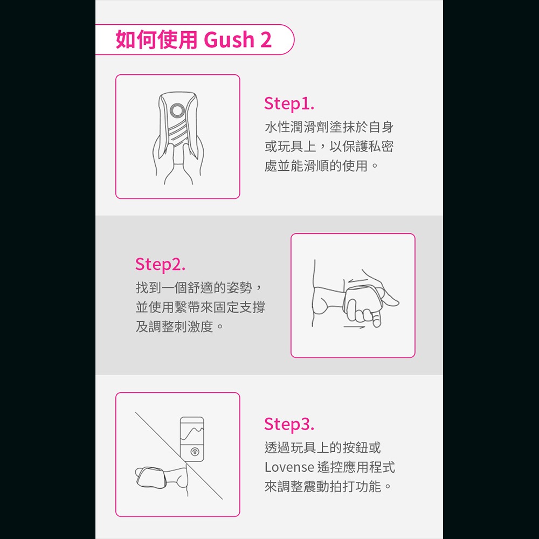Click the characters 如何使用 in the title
coord(157,40)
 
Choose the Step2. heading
coord(160,264)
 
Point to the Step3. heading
coord(289,424)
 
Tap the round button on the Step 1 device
coord(176,112)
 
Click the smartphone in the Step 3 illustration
coord(193,439)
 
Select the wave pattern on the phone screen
coord(193,432)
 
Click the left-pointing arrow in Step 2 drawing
coord(358,280)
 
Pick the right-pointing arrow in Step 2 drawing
coord(355,327)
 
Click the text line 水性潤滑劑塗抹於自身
coord(329,128)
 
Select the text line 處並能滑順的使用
coord(321,165)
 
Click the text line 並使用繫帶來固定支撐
coord(200,307)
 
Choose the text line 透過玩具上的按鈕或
coord(322,447)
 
